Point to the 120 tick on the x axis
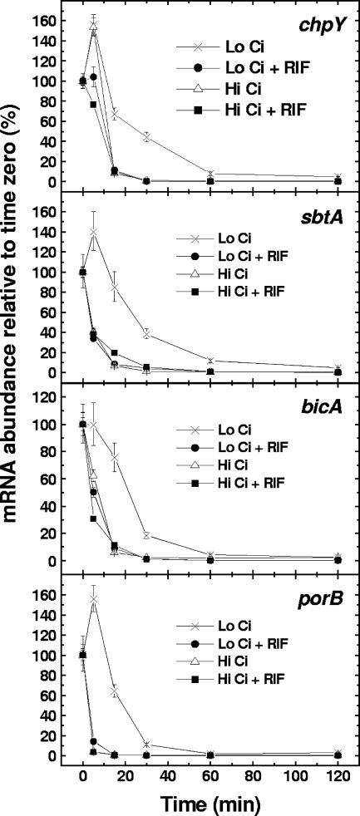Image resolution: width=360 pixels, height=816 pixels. pyautogui.click(x=337, y=779)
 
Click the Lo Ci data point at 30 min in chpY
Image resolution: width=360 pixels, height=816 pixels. pyautogui.click(x=146, y=136)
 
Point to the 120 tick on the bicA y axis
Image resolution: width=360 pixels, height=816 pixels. pyautogui.click(x=54, y=397)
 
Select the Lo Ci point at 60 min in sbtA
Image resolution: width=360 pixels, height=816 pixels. pyautogui.click(x=210, y=361)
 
